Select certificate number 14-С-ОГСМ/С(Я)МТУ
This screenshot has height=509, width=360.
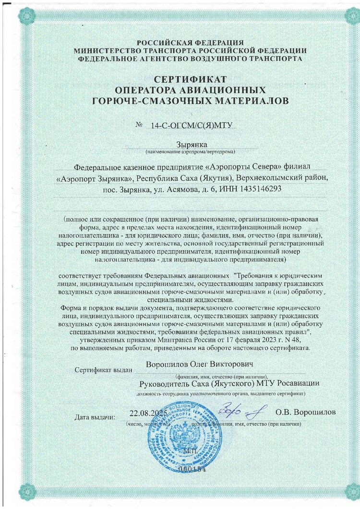(191, 126)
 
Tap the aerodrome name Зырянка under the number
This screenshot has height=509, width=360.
(191, 145)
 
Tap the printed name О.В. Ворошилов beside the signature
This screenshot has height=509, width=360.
(306, 413)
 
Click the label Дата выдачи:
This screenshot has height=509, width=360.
(95, 416)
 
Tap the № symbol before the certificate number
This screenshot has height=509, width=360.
(140, 125)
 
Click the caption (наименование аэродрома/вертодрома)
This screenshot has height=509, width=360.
(191, 152)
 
